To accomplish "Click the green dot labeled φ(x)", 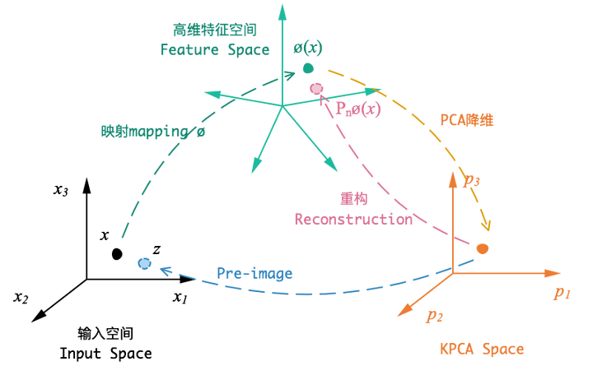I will click(x=309, y=68).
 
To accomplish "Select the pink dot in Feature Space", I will click(x=315, y=87).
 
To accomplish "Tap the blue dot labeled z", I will click(x=144, y=263).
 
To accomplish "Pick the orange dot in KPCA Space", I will click(x=483, y=248).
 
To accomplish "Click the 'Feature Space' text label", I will click(x=215, y=50).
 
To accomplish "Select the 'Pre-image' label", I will click(x=254, y=273).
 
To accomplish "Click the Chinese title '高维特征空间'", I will click(x=213, y=30).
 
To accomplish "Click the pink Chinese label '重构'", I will click(x=355, y=200).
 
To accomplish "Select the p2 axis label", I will click(x=432, y=314).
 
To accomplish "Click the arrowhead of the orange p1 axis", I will click(x=557, y=271).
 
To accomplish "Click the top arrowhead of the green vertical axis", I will click(x=283, y=10).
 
